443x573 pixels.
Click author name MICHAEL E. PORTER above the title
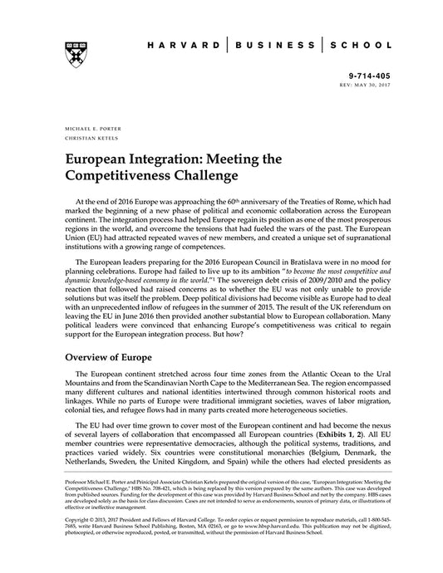[86, 130]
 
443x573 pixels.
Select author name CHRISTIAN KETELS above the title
[86, 140]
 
